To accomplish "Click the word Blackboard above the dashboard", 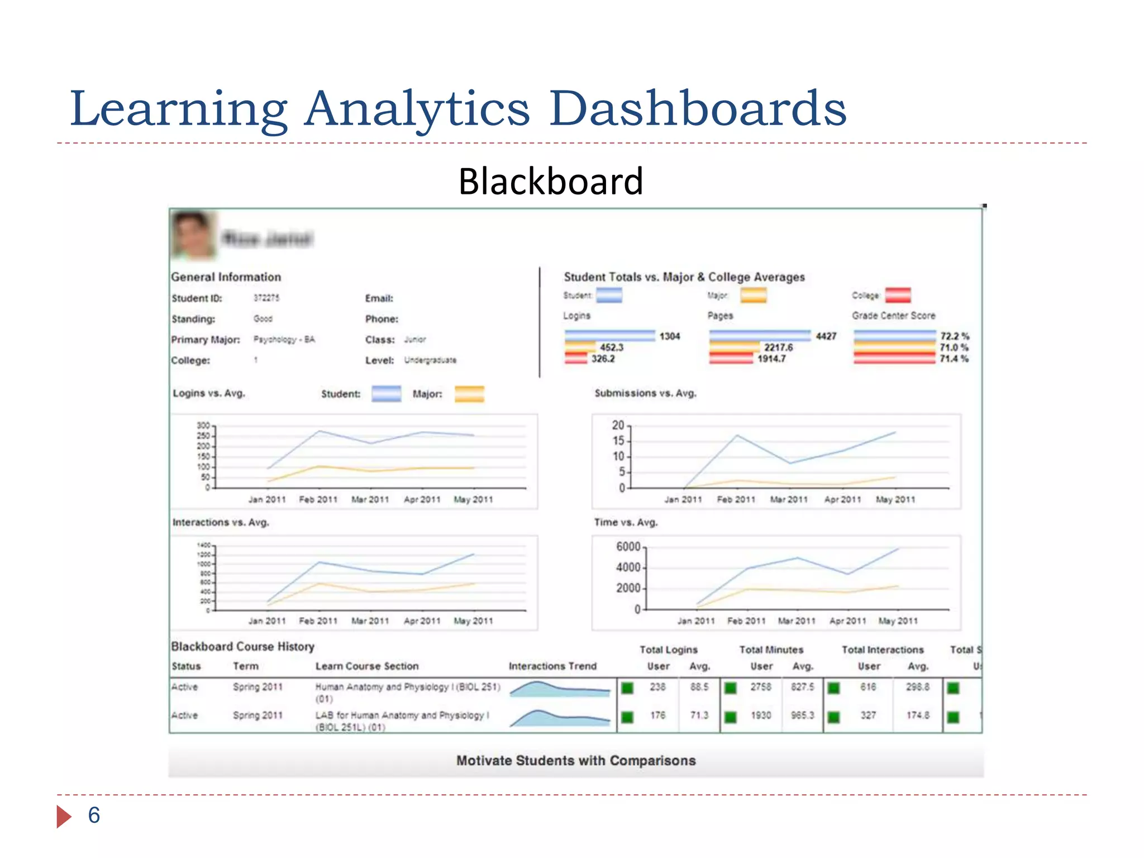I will click(x=551, y=181).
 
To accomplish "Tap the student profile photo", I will click(x=193, y=235).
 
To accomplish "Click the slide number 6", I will click(x=94, y=816).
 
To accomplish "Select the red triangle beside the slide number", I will click(x=64, y=817).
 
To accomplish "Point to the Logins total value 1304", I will click(x=669, y=336).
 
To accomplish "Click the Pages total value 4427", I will click(x=826, y=336).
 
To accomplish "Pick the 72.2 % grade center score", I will click(x=954, y=336).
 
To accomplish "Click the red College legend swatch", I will click(x=898, y=295).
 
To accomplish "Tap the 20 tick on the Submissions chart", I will click(x=618, y=426).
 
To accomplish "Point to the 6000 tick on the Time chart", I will click(x=628, y=547).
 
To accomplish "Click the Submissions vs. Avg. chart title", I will click(x=645, y=393).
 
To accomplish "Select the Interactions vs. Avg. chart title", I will click(x=221, y=523).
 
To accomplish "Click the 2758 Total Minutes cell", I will click(x=761, y=687).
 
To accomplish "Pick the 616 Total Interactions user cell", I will click(x=868, y=687).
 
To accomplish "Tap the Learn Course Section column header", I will click(x=366, y=666).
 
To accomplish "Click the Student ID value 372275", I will click(x=266, y=298).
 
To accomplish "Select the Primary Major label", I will click(x=206, y=340).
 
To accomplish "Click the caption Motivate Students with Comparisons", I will click(x=576, y=761).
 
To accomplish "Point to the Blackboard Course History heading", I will click(x=242, y=647).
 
